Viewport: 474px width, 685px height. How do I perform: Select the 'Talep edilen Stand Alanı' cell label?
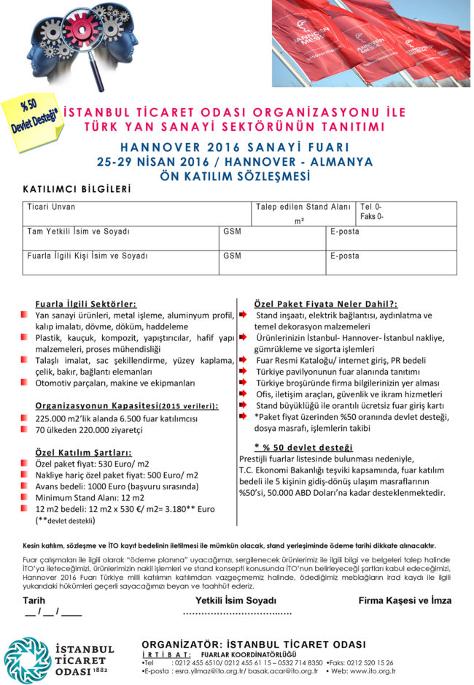tap(303, 207)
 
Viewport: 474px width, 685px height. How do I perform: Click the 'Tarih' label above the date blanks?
tap(34, 600)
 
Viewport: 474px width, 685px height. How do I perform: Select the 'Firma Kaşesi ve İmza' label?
tap(405, 600)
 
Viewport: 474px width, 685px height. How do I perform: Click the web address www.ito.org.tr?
tap(372, 670)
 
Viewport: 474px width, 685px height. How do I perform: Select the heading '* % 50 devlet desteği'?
tap(303, 447)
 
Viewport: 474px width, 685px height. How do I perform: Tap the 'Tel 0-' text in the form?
tap(372, 207)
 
